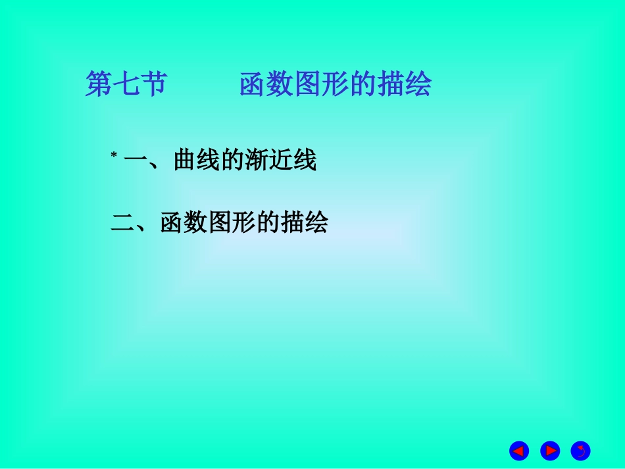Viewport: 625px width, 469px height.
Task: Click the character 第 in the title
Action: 99,84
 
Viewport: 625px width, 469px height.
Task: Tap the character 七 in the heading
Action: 126,84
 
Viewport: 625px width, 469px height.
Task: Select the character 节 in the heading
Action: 154,84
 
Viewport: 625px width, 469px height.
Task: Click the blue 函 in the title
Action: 253,84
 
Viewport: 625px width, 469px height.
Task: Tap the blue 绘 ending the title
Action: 418,84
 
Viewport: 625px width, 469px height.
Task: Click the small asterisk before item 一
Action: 113,155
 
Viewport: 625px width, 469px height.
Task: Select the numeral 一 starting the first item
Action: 135,160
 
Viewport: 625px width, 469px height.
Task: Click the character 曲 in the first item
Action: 186,160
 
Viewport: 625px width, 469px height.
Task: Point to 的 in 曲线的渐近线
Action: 234,160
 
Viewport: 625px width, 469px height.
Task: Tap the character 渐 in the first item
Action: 258,160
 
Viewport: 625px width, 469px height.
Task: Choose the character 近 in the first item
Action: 282,160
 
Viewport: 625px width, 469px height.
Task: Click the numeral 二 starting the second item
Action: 123,223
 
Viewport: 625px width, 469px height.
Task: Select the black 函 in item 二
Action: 172,223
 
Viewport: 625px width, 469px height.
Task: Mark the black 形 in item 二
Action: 244,223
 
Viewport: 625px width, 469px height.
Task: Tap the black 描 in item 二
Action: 292,223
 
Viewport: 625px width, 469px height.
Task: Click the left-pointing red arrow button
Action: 519,451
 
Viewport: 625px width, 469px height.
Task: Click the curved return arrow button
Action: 580,451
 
